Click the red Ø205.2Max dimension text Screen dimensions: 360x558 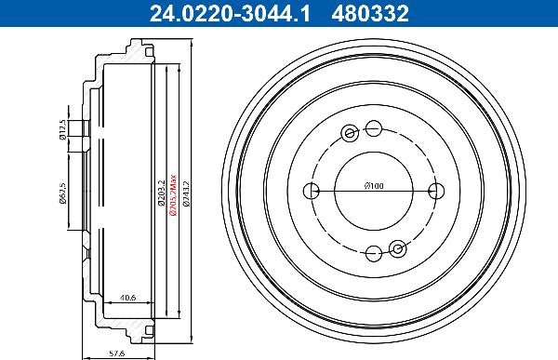(173, 196)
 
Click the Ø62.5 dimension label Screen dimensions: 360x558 (61, 193)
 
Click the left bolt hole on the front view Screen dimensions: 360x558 (312, 191)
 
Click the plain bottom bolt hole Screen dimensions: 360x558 (373, 252)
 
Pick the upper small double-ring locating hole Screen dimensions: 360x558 (350, 132)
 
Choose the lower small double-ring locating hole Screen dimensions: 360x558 (397, 248)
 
